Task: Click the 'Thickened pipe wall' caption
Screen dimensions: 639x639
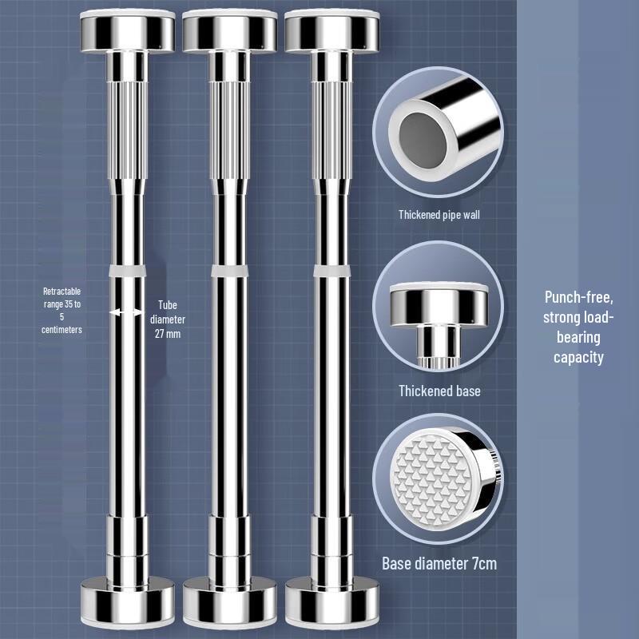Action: point(439,215)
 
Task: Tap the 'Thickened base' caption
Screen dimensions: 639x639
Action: point(439,391)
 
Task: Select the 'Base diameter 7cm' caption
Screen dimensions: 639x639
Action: point(439,564)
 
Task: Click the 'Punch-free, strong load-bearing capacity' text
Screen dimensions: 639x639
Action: point(579,327)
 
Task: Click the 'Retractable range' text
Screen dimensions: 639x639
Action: point(62,310)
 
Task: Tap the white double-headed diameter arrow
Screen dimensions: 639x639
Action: point(127,313)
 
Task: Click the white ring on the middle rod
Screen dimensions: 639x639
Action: point(228,272)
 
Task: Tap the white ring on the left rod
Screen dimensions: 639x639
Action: point(126,272)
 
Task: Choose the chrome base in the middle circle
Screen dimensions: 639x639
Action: point(439,308)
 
